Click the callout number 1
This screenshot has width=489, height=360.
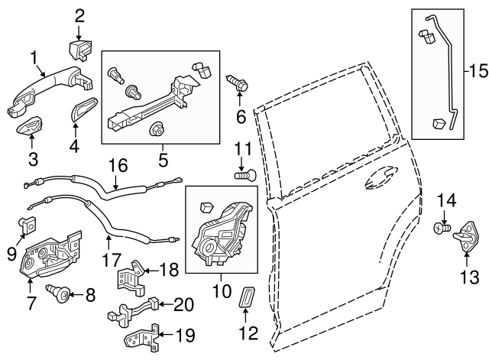34,58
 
